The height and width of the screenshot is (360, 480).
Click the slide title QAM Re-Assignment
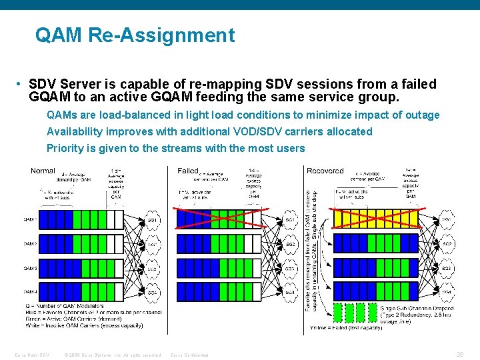point(135,35)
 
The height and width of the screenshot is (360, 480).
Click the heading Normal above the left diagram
point(43,171)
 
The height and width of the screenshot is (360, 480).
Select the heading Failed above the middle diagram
point(188,171)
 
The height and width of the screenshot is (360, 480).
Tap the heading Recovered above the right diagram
point(325,171)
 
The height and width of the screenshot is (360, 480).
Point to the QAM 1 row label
point(30,219)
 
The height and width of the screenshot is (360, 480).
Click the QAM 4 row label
point(30,292)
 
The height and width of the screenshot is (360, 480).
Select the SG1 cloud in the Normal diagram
point(153,219)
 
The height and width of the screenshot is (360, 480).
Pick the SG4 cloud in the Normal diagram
point(153,293)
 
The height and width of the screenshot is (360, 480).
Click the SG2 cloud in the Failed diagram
point(290,244)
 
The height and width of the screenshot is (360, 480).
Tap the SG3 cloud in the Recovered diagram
point(447,268)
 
